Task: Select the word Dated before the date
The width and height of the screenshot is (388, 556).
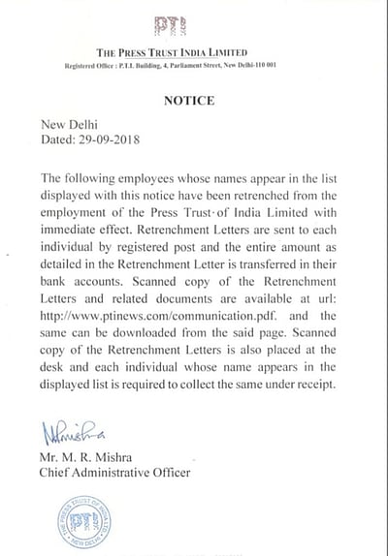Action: coord(60,139)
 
